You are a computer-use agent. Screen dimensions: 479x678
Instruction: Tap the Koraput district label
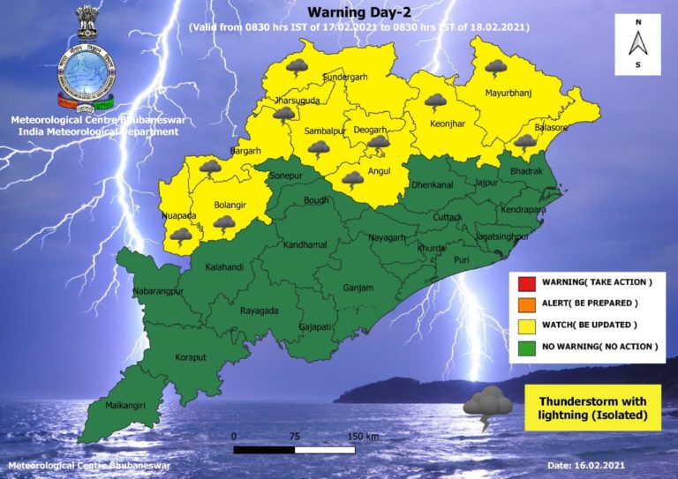click(189, 358)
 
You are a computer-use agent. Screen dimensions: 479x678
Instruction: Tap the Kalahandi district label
click(225, 266)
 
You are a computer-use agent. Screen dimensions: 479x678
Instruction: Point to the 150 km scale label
click(363, 437)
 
